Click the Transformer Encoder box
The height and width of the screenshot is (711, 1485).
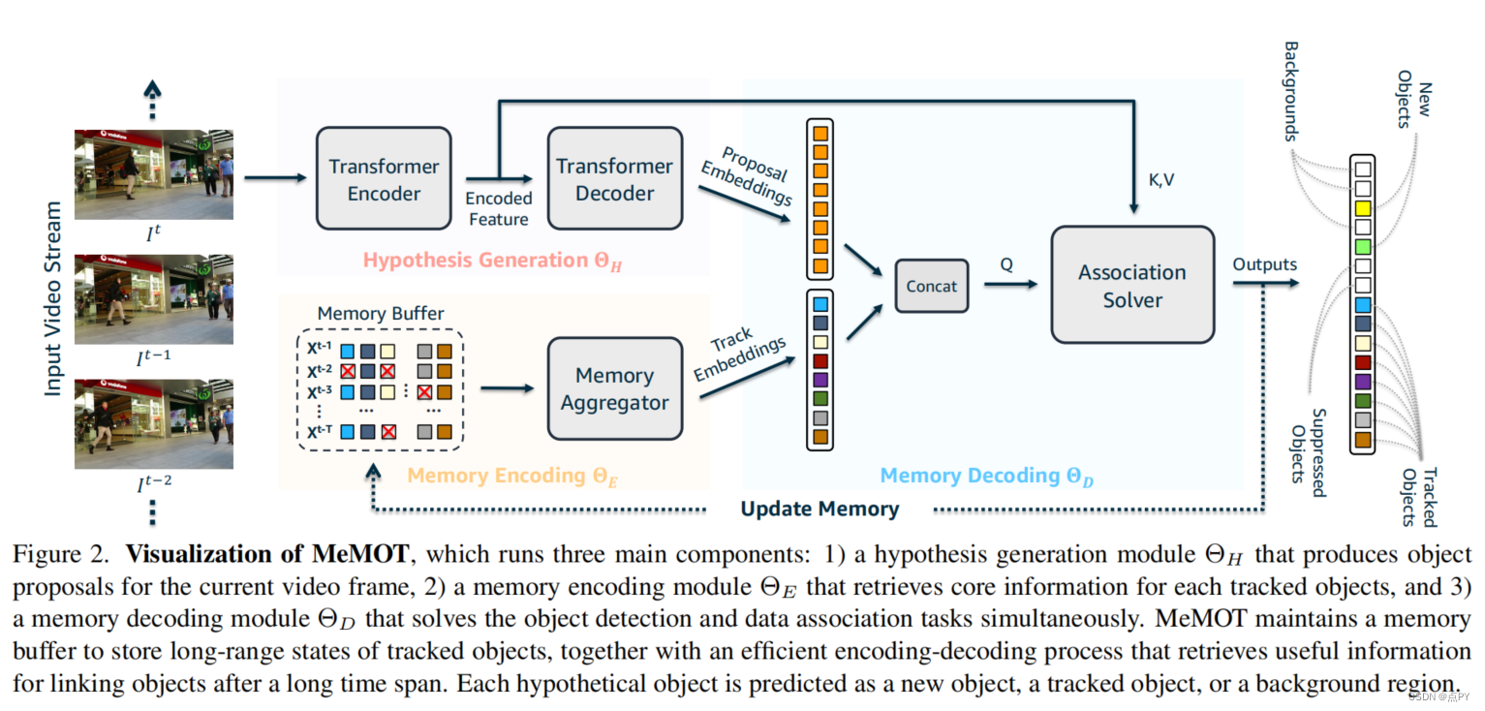pyautogui.click(x=384, y=179)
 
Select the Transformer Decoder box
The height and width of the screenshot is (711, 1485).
pyautogui.click(x=614, y=179)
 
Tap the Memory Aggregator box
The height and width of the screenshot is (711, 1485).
pyautogui.click(x=614, y=388)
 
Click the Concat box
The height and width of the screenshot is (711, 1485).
pyautogui.click(x=932, y=286)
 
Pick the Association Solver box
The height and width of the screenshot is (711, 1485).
pyautogui.click(x=1132, y=285)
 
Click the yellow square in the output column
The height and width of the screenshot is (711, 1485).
pyautogui.click(x=1362, y=208)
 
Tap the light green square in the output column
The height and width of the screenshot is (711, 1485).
pyautogui.click(x=1362, y=246)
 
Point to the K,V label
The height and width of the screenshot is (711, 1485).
pyautogui.click(x=1160, y=180)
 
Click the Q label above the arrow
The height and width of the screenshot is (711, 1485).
pyautogui.click(x=1006, y=265)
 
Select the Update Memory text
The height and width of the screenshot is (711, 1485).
pyautogui.click(x=820, y=509)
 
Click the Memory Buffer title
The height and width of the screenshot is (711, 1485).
pyautogui.click(x=381, y=313)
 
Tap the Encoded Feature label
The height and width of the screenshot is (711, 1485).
pyautogui.click(x=499, y=208)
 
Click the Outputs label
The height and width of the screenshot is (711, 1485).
pyautogui.click(x=1264, y=264)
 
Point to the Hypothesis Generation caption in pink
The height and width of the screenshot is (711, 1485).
pyautogui.click(x=492, y=261)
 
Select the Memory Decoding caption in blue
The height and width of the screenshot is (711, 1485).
pyautogui.click(x=986, y=476)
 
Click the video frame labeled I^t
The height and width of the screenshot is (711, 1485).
pyautogui.click(x=154, y=174)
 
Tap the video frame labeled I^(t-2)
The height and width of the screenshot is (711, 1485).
pyautogui.click(x=154, y=424)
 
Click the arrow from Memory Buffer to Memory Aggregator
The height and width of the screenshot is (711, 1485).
pyautogui.click(x=508, y=388)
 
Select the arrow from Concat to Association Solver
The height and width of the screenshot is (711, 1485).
pyautogui.click(x=1011, y=284)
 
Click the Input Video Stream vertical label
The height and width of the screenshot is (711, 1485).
pyautogui.click(x=53, y=299)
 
